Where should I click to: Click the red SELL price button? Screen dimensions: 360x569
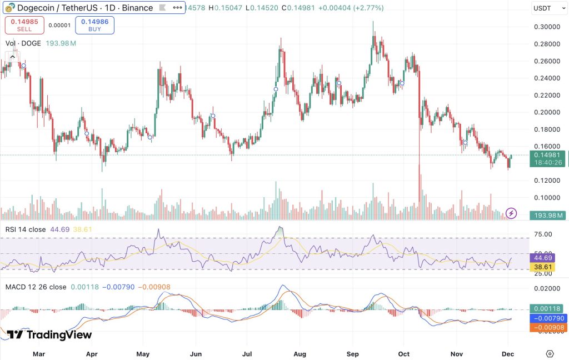tap(23, 26)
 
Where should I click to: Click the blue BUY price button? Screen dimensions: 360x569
tap(94, 26)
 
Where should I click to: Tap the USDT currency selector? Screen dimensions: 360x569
tap(545, 8)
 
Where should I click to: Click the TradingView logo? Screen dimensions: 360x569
tap(49, 334)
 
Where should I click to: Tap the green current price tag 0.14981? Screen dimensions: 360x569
tap(547, 156)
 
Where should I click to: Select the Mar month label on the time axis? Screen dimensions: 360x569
tap(38, 353)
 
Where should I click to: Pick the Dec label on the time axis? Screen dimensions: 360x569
tap(507, 353)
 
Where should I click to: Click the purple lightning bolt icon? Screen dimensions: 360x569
tap(511, 213)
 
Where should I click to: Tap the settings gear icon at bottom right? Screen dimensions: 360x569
tap(550, 353)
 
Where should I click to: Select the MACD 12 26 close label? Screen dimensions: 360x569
tap(36, 287)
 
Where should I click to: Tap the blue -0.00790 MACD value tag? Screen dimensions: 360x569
tap(547, 318)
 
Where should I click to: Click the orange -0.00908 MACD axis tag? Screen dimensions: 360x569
tap(547, 328)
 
